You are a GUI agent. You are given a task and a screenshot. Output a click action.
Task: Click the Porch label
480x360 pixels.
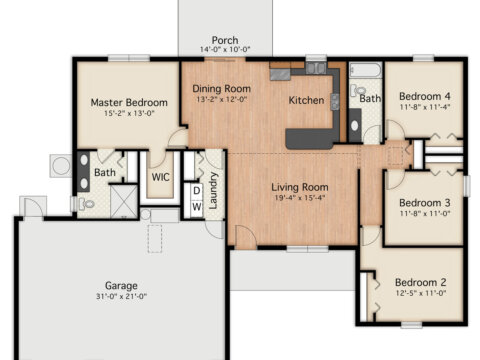click(x=225, y=40)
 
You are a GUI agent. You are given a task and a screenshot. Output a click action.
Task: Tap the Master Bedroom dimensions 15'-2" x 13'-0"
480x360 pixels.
click(x=129, y=113)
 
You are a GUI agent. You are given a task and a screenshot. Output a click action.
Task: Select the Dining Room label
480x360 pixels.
click(x=222, y=89)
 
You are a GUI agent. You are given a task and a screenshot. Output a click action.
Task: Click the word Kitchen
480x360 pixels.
click(x=306, y=100)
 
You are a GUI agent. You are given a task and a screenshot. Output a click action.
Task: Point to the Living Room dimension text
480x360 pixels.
click(x=300, y=198)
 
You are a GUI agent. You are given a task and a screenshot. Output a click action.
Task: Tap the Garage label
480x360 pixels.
click(x=121, y=286)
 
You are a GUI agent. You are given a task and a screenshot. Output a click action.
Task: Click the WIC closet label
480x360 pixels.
click(x=160, y=177)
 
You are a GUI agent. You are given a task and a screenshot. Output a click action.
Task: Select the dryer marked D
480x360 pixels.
click(x=197, y=191)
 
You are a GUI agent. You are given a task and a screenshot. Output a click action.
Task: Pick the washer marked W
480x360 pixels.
click(x=197, y=207)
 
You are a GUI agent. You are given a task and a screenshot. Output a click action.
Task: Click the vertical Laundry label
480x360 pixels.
click(x=213, y=190)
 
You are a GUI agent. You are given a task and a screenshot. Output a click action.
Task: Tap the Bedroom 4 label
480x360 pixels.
click(x=425, y=97)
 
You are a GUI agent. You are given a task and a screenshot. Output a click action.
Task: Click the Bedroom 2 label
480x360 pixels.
click(x=421, y=282)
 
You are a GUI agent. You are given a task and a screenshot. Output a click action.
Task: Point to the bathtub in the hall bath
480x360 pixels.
click(x=365, y=70)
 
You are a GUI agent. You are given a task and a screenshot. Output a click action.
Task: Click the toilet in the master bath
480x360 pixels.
click(x=86, y=204)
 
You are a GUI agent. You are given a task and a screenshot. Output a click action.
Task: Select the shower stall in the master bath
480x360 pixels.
click(x=124, y=201)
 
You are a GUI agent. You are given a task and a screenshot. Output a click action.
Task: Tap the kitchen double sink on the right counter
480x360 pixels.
click(x=335, y=102)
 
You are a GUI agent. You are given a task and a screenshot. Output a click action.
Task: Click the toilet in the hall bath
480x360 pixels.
click(x=358, y=90)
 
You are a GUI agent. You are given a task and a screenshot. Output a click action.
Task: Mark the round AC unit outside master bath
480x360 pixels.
click(x=62, y=166)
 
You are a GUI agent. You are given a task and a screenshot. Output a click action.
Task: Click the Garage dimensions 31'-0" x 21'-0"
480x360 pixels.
click(x=121, y=296)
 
